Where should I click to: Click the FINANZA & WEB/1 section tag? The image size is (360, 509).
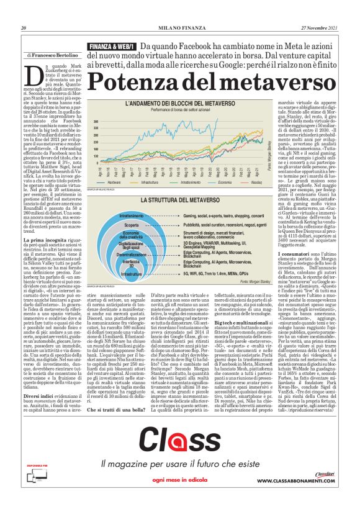pyautogui.click(x=112, y=47)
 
